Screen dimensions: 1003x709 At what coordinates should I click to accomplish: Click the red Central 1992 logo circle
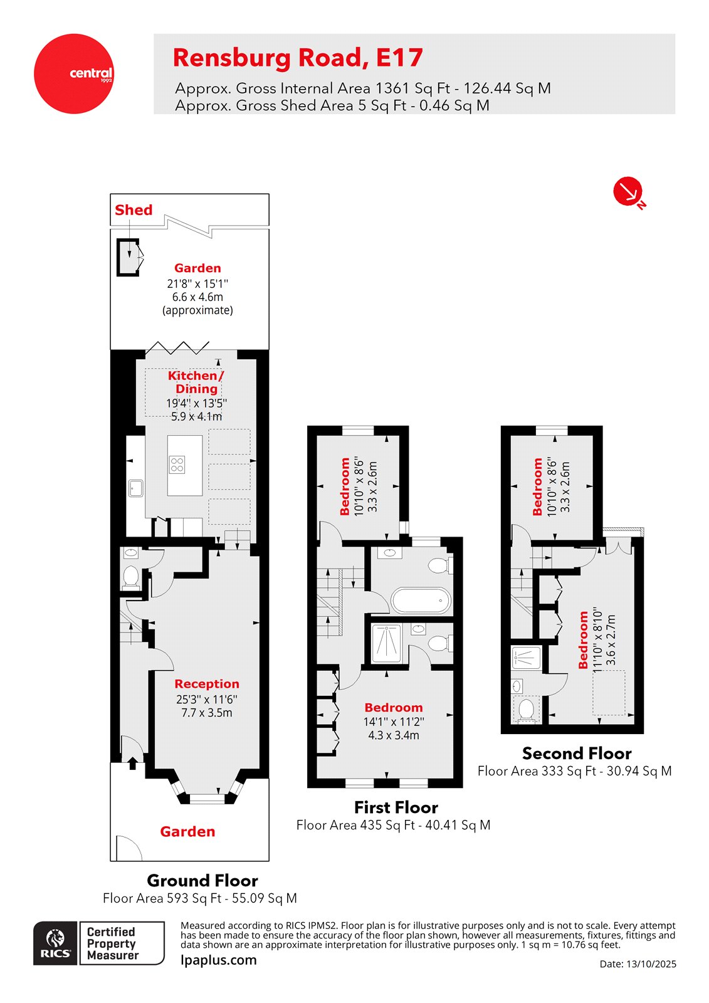(x=74, y=74)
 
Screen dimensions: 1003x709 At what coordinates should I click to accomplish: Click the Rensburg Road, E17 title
(x=298, y=58)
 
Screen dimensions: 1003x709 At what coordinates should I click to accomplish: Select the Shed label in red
(x=134, y=210)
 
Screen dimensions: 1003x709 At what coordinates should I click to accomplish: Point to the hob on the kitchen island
(x=177, y=465)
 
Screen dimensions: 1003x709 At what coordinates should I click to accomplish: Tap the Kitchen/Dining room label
(x=196, y=382)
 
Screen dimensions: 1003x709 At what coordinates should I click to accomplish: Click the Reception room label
(x=207, y=684)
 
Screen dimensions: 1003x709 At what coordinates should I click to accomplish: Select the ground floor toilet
(x=131, y=577)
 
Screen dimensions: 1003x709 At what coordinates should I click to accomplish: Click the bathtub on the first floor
(x=421, y=601)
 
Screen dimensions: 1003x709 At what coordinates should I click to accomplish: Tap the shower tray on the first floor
(x=387, y=644)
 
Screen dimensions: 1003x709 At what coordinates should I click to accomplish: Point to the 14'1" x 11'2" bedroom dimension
(x=394, y=722)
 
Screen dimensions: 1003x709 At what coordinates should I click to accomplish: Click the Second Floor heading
(x=576, y=754)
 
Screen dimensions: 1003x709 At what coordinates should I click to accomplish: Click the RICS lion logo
(x=56, y=943)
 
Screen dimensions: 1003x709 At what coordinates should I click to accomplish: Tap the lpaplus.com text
(x=219, y=960)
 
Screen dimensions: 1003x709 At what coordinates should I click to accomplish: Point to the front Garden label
(x=187, y=831)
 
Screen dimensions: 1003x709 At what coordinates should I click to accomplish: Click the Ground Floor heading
(x=202, y=880)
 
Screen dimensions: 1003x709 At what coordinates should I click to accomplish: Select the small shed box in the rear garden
(x=128, y=257)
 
